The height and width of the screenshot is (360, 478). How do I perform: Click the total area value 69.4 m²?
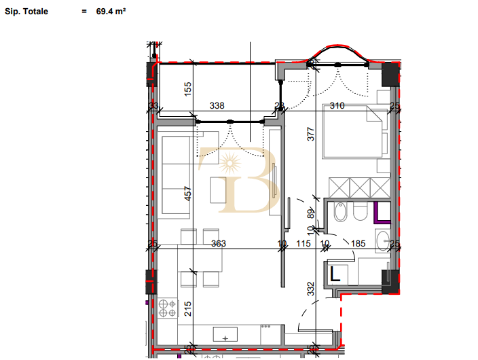point(111,12)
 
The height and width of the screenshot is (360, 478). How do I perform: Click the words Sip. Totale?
point(26,12)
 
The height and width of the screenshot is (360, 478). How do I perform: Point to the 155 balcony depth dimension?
point(188,88)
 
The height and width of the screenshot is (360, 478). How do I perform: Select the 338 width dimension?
point(217,106)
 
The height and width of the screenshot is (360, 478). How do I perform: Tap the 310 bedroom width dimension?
point(337,106)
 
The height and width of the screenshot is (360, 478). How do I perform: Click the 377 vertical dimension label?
point(311,133)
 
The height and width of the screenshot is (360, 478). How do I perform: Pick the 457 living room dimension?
point(188,194)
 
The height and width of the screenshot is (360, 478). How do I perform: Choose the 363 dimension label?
point(218,243)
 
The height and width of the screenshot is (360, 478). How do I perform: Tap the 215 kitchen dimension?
point(188,309)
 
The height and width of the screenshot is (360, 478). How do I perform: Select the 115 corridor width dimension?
point(303,243)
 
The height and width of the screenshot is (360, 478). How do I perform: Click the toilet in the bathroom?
point(359,213)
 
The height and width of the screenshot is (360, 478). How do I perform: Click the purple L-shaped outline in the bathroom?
point(382,213)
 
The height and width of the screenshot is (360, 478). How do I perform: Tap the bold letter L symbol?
point(335,274)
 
